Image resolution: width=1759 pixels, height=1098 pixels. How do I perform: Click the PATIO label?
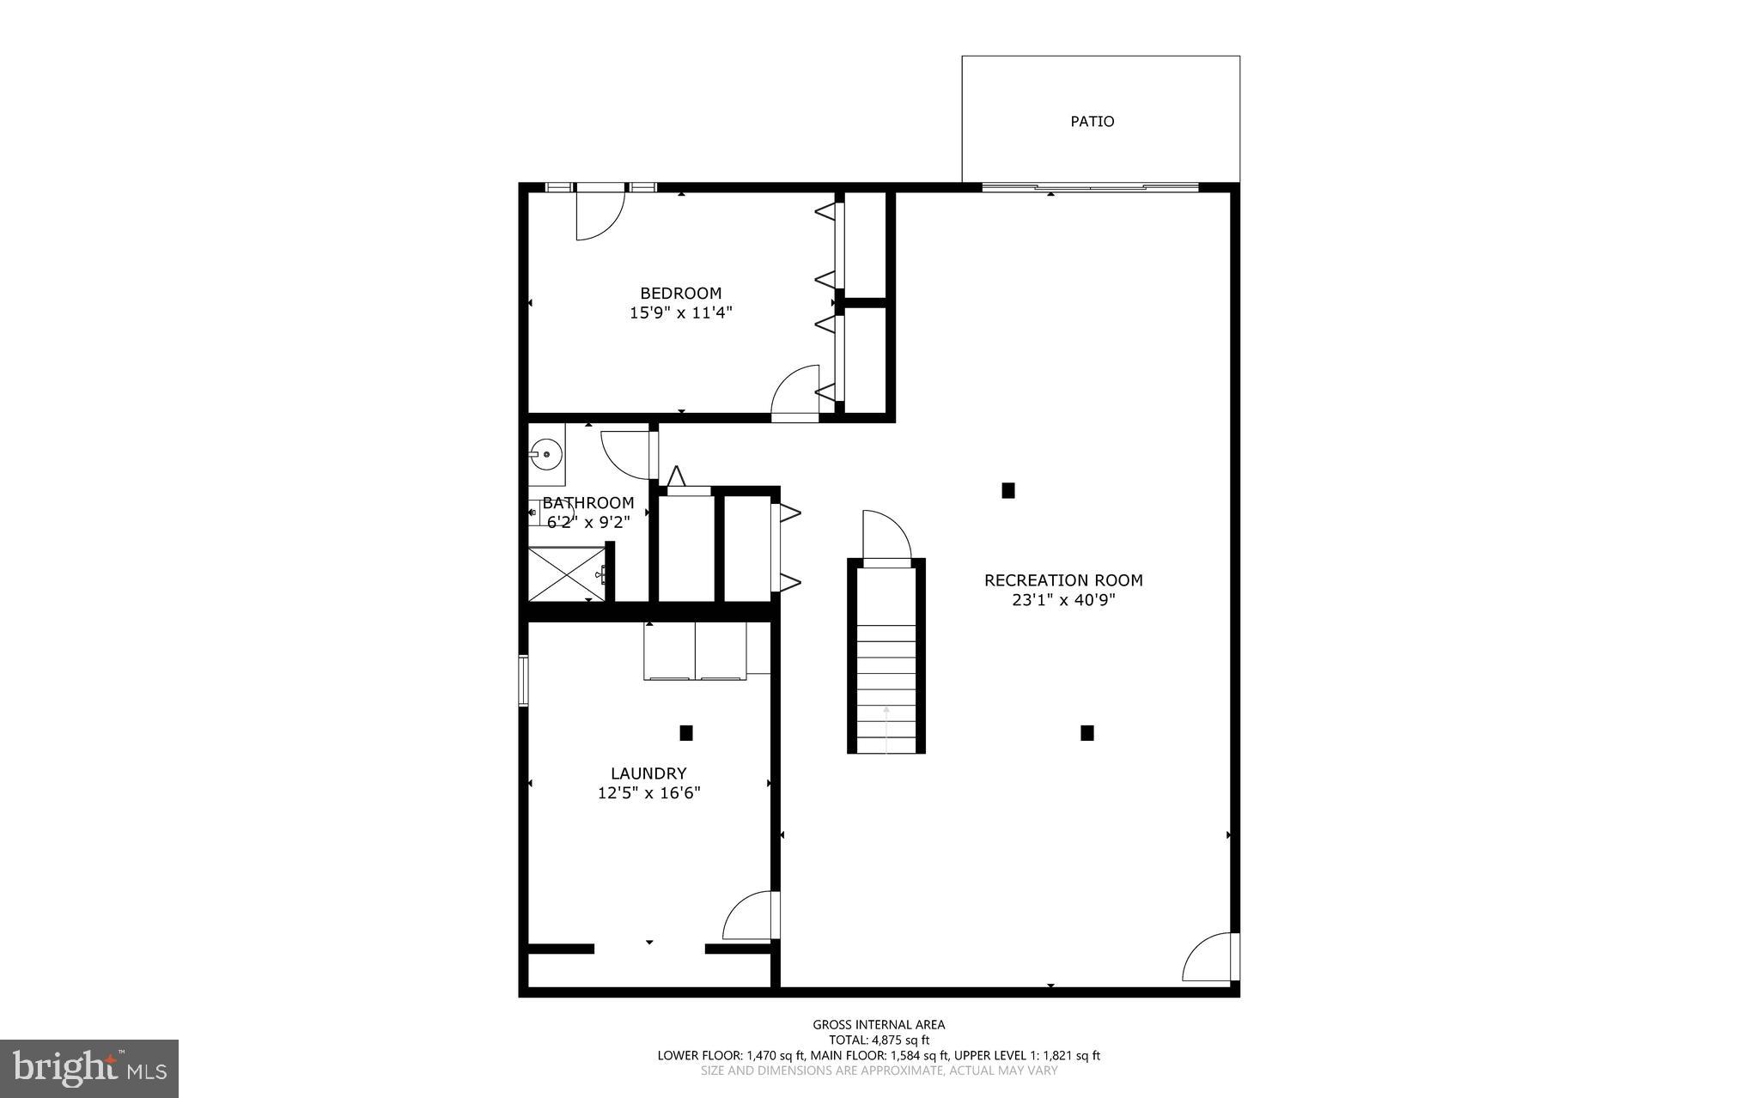tap(1092, 122)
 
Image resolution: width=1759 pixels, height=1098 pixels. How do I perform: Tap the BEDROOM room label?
tap(680, 294)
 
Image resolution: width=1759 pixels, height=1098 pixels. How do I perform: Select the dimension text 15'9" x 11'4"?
tap(680, 313)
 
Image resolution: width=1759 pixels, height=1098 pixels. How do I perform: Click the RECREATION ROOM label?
tap(1062, 580)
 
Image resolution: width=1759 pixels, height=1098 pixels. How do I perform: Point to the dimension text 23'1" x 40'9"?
tap(1062, 600)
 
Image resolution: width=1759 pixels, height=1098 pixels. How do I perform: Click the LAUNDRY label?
tap(648, 773)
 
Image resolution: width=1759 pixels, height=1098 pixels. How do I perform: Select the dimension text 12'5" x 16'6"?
tap(648, 793)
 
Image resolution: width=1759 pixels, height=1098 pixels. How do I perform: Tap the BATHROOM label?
tap(588, 503)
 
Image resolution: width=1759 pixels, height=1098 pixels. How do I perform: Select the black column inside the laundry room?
tap(686, 733)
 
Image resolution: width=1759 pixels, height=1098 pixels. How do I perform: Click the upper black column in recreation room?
tap(1008, 490)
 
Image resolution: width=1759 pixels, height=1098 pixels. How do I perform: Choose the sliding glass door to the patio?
tap(1089, 186)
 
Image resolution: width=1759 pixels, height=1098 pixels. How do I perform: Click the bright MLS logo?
tap(89, 1068)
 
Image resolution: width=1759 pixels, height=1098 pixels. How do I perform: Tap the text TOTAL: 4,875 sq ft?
tap(879, 1040)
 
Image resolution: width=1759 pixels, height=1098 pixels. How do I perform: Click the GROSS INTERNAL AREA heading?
tap(879, 1024)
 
